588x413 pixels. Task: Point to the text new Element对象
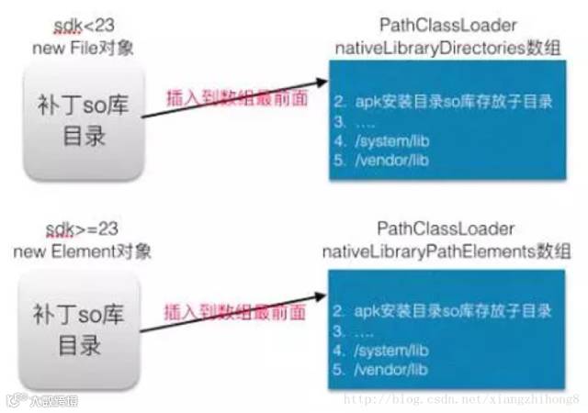point(83,250)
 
